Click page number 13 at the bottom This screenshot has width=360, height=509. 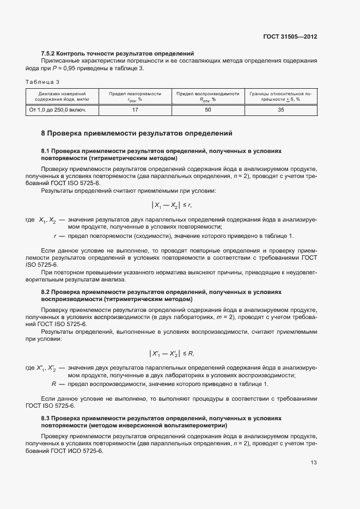tap(313, 463)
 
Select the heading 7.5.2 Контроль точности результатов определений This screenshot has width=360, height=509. tap(118, 53)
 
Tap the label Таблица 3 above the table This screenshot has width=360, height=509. tap(42, 82)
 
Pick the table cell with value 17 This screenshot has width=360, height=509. tap(135, 110)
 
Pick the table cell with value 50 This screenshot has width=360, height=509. tap(208, 110)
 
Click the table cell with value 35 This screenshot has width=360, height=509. tap(281, 110)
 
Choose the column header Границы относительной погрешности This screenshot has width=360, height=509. tap(281, 96)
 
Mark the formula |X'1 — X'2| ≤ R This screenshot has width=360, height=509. tap(172, 354)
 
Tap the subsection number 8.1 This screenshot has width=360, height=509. tap(46, 151)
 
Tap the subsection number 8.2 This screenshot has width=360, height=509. tap(46, 292)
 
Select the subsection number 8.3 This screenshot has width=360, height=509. tap(46, 418)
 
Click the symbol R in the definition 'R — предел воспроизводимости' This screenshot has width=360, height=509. tap(54, 385)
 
